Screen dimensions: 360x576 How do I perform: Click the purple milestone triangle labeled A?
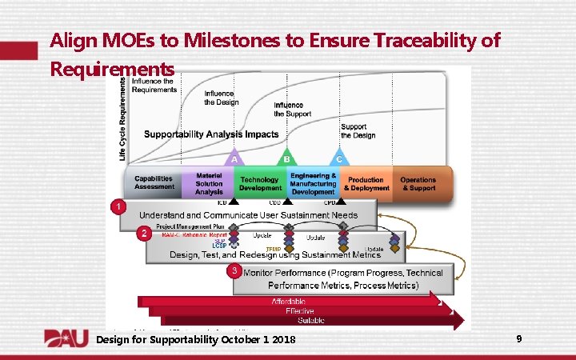pyautogui.click(x=234, y=158)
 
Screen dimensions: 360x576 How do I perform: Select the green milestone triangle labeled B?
pyautogui.click(x=287, y=158)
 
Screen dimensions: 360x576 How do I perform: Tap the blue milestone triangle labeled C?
pyautogui.click(x=339, y=158)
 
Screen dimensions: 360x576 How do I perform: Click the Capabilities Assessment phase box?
pyautogui.click(x=154, y=183)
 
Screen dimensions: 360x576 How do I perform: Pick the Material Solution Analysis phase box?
pyautogui.click(x=209, y=183)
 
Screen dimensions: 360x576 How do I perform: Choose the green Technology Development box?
pyautogui.click(x=259, y=183)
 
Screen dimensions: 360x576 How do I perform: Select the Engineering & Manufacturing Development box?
pyautogui.click(x=313, y=183)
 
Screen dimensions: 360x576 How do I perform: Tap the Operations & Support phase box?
pyautogui.click(x=418, y=183)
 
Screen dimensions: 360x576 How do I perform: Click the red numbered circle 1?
pyautogui.click(x=118, y=207)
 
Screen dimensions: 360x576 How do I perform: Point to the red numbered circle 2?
pyautogui.click(x=142, y=234)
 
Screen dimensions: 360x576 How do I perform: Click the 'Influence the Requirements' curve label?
pyautogui.click(x=154, y=85)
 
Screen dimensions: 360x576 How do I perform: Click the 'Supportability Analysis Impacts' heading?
pyautogui.click(x=210, y=134)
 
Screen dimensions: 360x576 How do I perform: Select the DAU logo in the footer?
pyautogui.click(x=66, y=339)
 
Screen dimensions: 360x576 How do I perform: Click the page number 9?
pyautogui.click(x=519, y=339)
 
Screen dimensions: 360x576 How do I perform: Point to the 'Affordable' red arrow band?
pyautogui.click(x=288, y=301)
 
